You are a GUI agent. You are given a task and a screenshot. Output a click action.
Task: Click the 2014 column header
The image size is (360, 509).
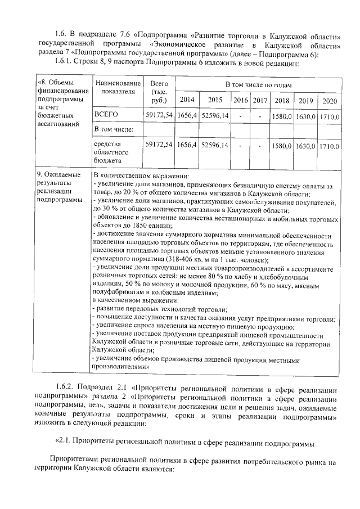pos(186,100)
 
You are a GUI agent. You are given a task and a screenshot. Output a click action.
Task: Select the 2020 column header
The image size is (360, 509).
pos(330,100)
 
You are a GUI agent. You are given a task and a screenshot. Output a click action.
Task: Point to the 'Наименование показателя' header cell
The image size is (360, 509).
pos(115,88)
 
